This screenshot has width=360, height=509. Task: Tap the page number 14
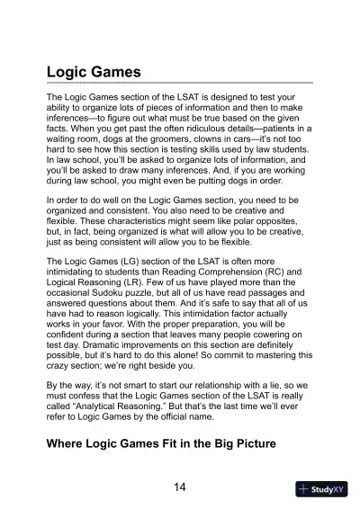[x=179, y=487]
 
